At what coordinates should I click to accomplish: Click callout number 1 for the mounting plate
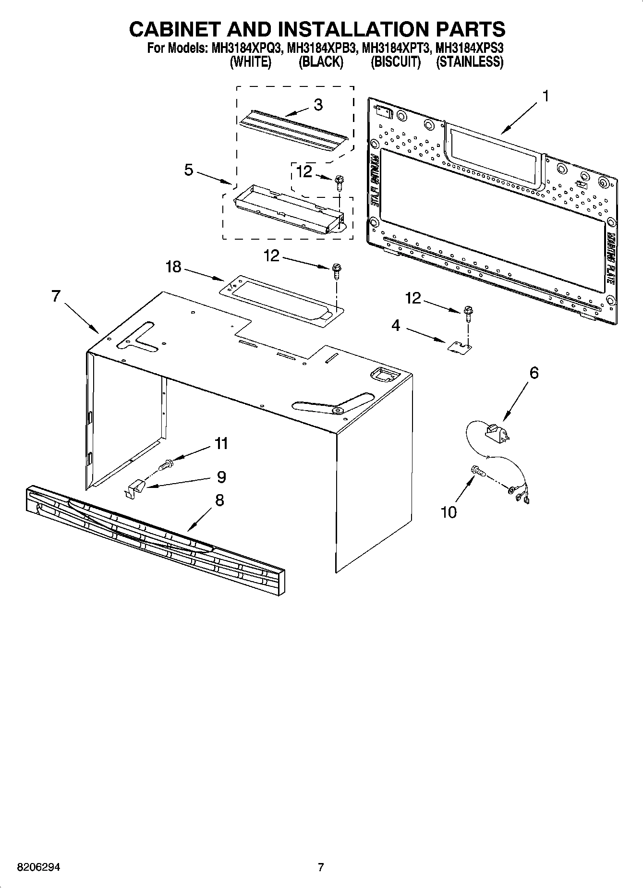(x=545, y=97)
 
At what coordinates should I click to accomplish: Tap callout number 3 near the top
(x=318, y=105)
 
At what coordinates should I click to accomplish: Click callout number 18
(x=173, y=267)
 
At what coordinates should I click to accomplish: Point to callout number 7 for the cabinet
(x=56, y=296)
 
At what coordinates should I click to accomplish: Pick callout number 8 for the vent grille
(x=219, y=500)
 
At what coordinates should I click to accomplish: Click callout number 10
(x=449, y=512)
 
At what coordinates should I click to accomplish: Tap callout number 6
(x=534, y=373)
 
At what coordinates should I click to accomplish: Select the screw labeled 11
(x=166, y=465)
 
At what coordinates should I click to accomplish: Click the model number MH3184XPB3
(x=321, y=49)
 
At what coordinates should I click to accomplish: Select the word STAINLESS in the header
(x=469, y=62)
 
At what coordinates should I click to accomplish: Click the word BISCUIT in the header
(x=395, y=62)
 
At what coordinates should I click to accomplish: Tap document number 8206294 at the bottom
(x=38, y=867)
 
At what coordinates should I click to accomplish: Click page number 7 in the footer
(x=321, y=867)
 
